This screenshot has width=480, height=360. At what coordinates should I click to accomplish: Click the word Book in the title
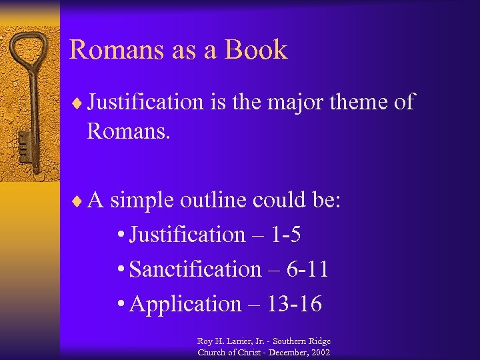(x=257, y=50)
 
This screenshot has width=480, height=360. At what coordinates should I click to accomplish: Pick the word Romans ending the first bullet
(x=129, y=131)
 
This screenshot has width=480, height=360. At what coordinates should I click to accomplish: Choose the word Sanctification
(x=195, y=269)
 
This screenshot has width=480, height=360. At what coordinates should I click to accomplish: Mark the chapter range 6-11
(x=307, y=269)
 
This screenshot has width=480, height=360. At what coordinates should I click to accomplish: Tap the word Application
(x=185, y=304)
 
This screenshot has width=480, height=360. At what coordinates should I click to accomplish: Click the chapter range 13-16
(x=294, y=304)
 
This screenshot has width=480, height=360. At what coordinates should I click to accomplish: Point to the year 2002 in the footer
(x=318, y=352)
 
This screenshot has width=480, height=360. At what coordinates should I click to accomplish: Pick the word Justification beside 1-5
(x=187, y=235)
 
